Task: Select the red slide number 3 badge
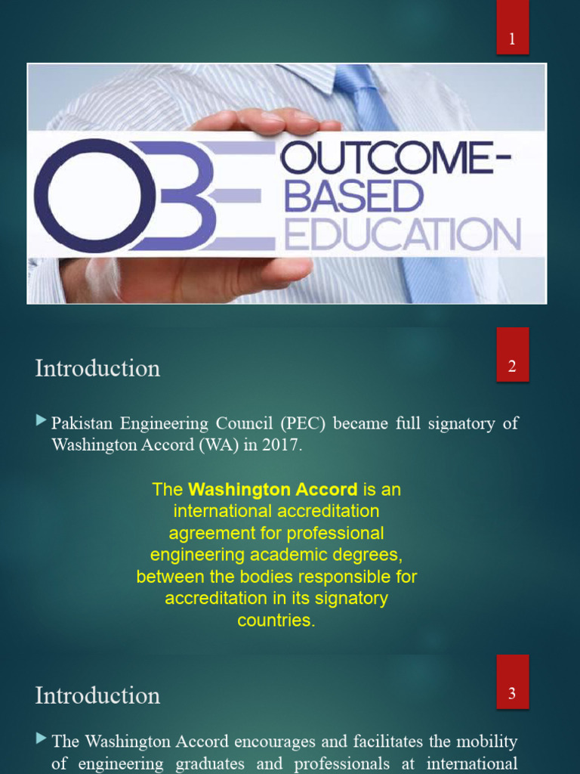[512, 694]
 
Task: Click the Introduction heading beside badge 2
[97, 368]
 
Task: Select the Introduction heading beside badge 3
[97, 695]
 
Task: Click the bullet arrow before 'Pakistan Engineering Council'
[41, 421]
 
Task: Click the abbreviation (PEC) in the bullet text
[301, 423]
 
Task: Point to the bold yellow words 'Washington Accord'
[273, 490]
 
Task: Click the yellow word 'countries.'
[276, 621]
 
